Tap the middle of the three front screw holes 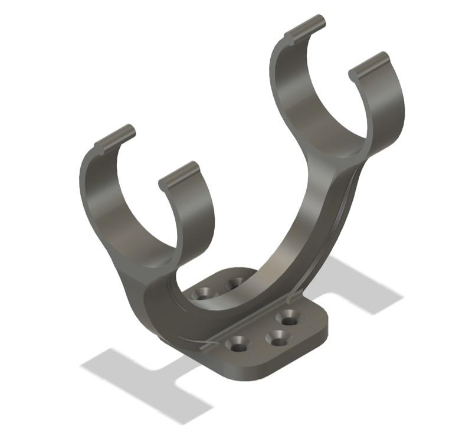[276, 338]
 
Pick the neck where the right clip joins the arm [339, 165]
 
